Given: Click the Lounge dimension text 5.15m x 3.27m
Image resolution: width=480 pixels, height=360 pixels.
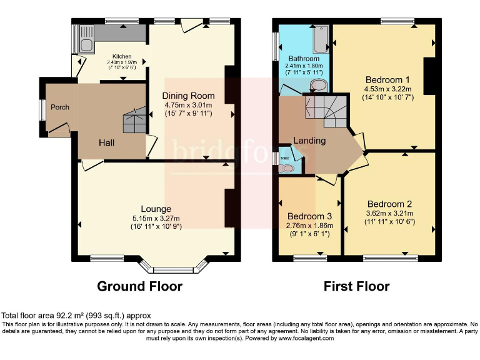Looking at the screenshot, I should click(156, 218).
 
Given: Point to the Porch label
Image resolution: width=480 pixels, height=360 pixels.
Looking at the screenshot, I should click(60, 107).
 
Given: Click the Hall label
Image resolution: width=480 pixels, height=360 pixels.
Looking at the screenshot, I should click(106, 143).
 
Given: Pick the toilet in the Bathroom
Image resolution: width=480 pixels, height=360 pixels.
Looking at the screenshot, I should click(318, 86).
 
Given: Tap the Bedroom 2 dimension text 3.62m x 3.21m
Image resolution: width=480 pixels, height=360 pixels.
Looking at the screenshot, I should click(389, 214).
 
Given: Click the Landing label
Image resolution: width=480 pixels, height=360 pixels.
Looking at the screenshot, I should click(309, 141).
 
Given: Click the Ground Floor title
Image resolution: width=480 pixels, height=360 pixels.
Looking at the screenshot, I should click(139, 287).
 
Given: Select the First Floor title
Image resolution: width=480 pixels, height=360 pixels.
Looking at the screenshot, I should click(356, 287).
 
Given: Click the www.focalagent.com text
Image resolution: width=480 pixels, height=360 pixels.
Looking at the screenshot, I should click(302, 338).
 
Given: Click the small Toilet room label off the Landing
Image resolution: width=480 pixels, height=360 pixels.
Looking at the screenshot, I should click(285, 158).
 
